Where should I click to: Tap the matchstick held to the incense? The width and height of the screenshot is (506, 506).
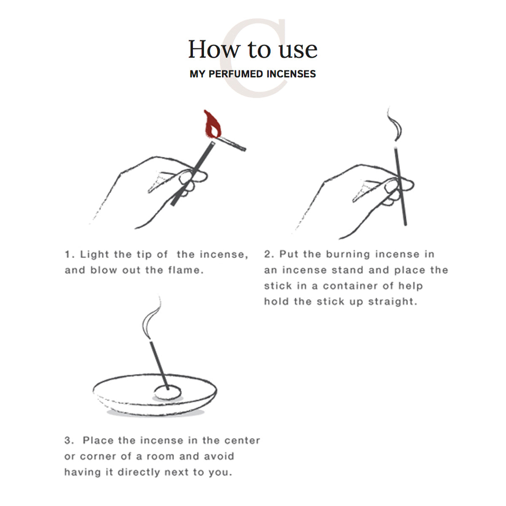click(x=232, y=143)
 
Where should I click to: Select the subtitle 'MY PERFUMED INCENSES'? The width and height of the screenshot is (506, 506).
click(x=253, y=74)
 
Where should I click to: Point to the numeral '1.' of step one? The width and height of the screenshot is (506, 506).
click(x=70, y=254)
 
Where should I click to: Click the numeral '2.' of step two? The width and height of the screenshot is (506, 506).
click(x=269, y=254)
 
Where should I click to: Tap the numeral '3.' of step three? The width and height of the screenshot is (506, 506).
click(x=70, y=441)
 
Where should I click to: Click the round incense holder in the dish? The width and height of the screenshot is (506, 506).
click(x=167, y=392)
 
